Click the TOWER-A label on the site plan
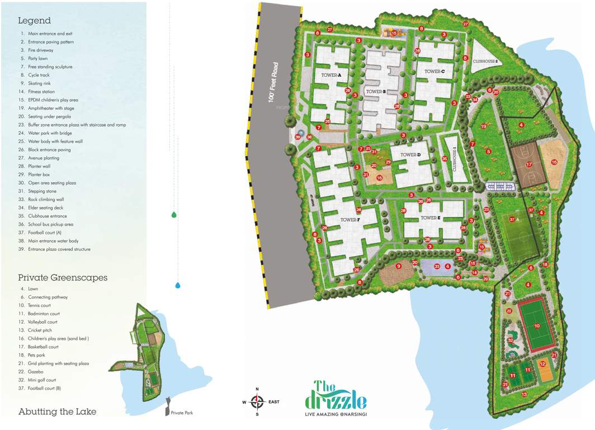[331, 74]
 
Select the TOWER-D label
[410, 155]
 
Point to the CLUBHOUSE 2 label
[485, 61]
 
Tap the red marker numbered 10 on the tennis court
[536, 325]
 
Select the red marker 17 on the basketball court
[528, 165]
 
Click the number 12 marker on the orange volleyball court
[542, 363]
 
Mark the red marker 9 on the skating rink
[399, 266]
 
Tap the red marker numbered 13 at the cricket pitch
[524, 394]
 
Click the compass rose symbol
[257, 401]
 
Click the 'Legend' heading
[34, 21]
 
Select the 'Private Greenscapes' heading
[62, 277]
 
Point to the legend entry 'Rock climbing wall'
[46, 199]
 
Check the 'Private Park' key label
[182, 413]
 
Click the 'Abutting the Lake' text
[57, 412]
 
